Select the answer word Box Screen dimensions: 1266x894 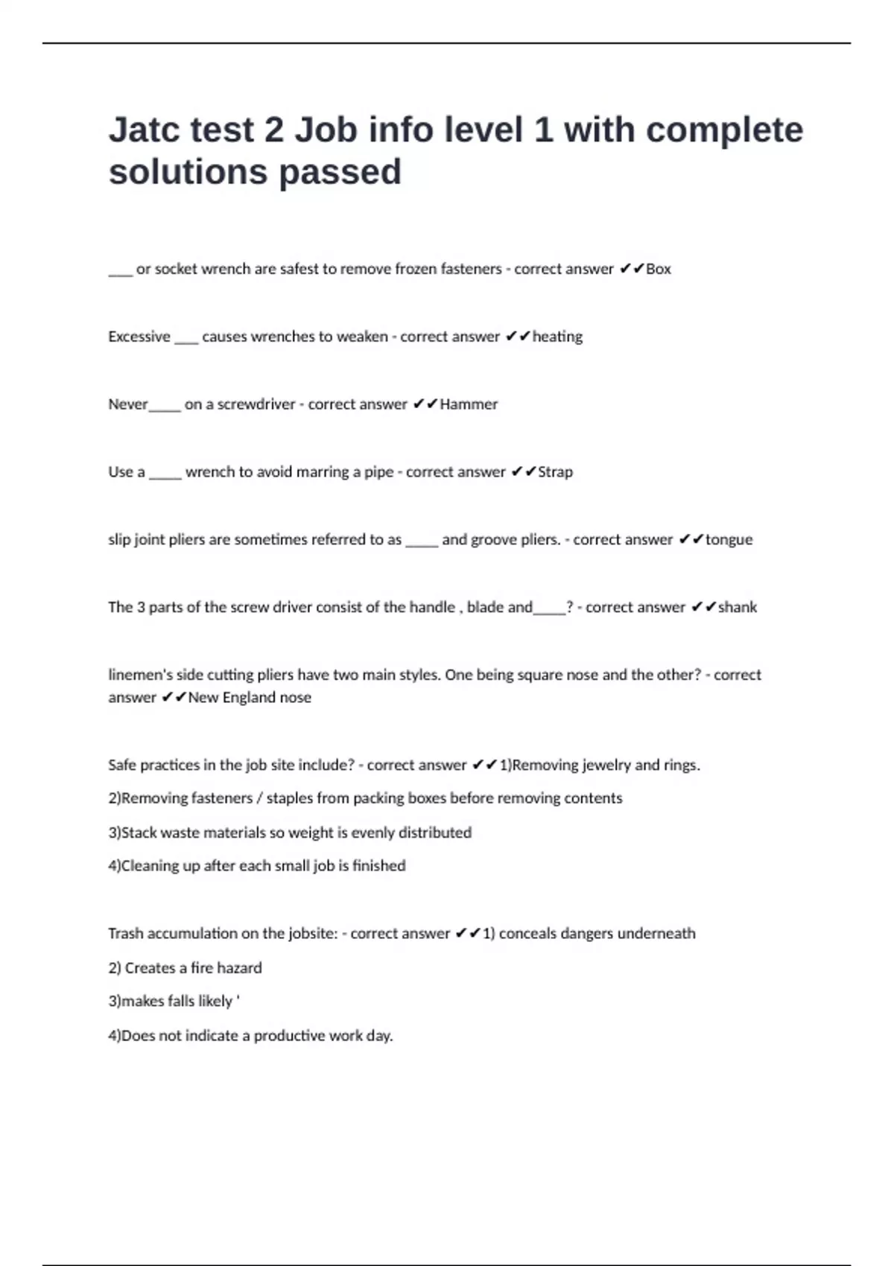click(658, 269)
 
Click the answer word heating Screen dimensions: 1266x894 click(557, 337)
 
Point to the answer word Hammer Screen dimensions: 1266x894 click(469, 404)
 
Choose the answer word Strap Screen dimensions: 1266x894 click(555, 472)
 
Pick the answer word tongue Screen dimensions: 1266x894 click(729, 540)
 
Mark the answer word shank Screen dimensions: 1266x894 click(737, 608)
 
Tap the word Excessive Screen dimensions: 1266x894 click(139, 337)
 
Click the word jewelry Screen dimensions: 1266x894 click(595, 766)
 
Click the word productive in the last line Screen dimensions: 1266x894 click(289, 1036)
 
